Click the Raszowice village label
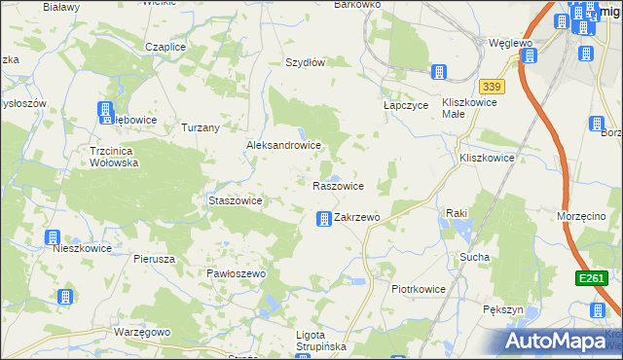coord(338,185)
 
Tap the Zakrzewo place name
coord(356,218)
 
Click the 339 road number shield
coord(492,87)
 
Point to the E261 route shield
coord(590,279)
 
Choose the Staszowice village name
coord(236,200)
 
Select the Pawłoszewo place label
coord(236,274)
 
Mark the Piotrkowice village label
coord(418,289)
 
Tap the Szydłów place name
coord(304,61)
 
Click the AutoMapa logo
coord(562,341)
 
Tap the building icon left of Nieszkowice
coord(53,237)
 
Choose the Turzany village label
coord(201,127)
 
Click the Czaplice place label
coord(165,47)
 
